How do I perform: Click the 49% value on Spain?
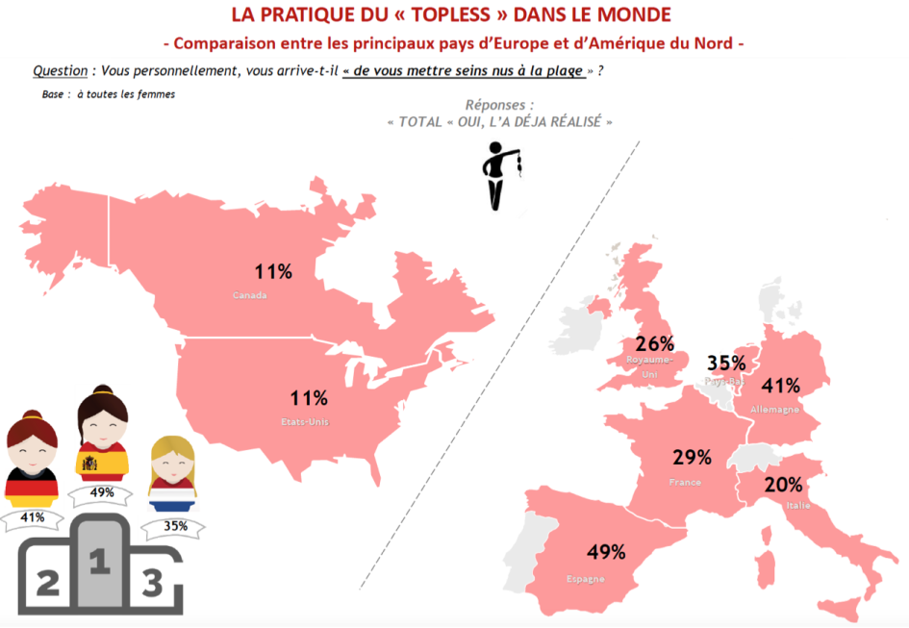[x=607, y=552]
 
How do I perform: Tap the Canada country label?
[x=249, y=295]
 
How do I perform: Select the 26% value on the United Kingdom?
[x=654, y=343]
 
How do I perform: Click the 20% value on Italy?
[x=783, y=485]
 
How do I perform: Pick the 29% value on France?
[x=692, y=457]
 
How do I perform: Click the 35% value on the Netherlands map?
[x=726, y=363]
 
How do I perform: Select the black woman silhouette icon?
[x=498, y=174]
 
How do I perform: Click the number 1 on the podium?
[x=98, y=562]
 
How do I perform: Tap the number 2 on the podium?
[x=46, y=582]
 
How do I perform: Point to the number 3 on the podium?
[x=151, y=583]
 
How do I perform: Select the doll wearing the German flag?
[x=32, y=461]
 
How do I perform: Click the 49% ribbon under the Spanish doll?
[x=103, y=493]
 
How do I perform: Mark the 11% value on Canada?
[x=273, y=271]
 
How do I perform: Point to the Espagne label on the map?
[x=585, y=579]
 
